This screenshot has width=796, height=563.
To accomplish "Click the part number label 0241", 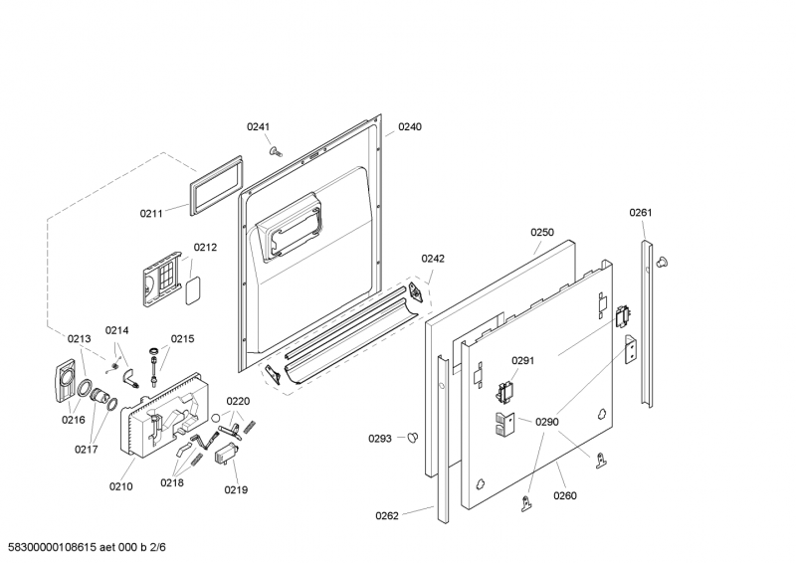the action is click(x=258, y=127).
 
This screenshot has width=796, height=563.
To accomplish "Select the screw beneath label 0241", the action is click(x=277, y=151).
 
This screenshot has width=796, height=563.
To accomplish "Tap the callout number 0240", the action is click(x=410, y=127).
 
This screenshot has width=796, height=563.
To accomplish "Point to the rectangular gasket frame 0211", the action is click(x=216, y=185).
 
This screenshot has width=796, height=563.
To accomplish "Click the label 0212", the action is click(x=205, y=248).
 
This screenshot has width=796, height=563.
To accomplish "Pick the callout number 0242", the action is click(x=433, y=259).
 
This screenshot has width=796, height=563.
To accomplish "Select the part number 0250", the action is click(x=542, y=232).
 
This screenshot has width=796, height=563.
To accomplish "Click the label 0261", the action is click(x=641, y=212).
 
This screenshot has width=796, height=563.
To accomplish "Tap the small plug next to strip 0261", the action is click(x=662, y=262).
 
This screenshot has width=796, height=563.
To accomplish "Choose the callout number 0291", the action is click(x=523, y=360).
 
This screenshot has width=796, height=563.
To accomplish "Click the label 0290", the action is click(x=546, y=422).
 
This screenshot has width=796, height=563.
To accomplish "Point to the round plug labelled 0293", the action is click(x=413, y=437).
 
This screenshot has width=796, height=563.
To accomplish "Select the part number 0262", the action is click(x=387, y=516).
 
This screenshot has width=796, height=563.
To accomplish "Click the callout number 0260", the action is click(x=565, y=495).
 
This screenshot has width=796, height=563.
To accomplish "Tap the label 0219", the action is click(x=236, y=489).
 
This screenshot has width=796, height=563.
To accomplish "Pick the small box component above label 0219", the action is click(x=227, y=453).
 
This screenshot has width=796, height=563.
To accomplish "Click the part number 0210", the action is click(x=120, y=486).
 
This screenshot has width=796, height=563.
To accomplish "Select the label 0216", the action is click(x=73, y=420).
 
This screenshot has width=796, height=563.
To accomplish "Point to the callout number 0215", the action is click(x=182, y=338).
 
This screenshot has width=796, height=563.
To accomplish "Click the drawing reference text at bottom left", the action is click(x=87, y=547).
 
